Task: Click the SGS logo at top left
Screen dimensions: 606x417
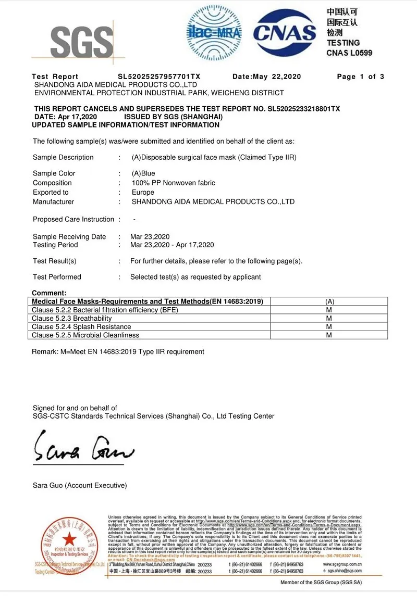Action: coord(82,41)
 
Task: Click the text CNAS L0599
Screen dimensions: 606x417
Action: coord(349,53)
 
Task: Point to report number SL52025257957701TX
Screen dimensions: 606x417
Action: coord(159,77)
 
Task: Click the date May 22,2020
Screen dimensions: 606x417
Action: coord(277,77)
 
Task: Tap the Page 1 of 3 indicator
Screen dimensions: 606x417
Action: coord(360,77)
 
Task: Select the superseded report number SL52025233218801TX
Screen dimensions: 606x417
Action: coord(303,109)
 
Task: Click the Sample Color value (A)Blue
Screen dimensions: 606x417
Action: coord(143,173)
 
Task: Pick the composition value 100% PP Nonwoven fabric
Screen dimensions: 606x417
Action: coord(173,183)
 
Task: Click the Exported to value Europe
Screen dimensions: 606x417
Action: coord(143,192)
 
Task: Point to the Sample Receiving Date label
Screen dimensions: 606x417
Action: coord(69,236)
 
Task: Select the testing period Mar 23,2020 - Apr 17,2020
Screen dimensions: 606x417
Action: coord(172,245)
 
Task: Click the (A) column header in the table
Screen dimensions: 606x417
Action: coord(329,301)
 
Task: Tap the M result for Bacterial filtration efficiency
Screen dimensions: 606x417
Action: coord(329,310)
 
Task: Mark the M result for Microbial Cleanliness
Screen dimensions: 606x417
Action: coord(329,335)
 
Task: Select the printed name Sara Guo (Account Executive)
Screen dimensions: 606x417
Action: coord(80,485)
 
